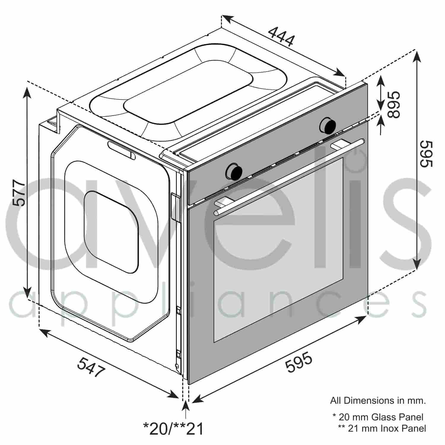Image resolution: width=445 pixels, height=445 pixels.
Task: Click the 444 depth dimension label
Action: pos(281,37)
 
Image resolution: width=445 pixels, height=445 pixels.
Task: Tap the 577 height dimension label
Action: pos(18,193)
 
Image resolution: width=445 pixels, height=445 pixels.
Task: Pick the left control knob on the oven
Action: pos(234,171)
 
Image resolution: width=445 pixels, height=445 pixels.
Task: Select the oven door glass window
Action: pos(278,249)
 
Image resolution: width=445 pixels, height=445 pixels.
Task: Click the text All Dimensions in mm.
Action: pos(378,401)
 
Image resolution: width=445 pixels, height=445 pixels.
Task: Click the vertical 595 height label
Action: pos(427,154)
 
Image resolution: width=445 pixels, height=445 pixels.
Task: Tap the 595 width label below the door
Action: pos(299,362)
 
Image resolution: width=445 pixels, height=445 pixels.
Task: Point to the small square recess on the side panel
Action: pos(111,231)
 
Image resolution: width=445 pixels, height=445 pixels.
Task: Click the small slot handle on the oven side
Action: pos(122,150)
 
